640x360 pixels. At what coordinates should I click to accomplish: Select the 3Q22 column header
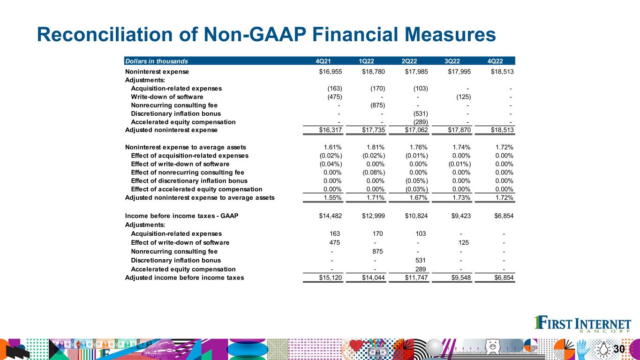click(453, 61)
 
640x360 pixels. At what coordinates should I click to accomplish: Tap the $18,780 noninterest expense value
click(373, 72)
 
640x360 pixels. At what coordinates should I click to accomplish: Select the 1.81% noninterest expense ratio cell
click(376, 147)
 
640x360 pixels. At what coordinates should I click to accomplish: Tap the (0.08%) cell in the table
click(374, 172)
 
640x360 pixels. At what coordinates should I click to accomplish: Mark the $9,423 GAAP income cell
click(460, 216)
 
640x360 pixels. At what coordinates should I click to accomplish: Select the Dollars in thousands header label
click(156, 61)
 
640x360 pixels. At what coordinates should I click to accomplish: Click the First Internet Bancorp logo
click(583, 325)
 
